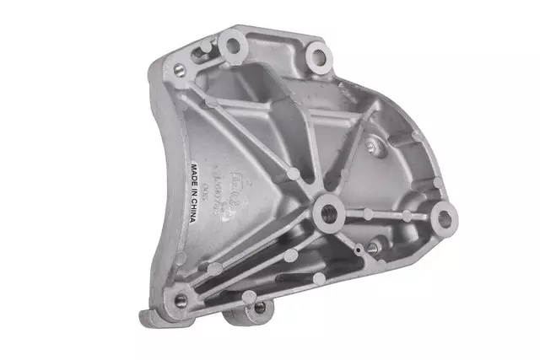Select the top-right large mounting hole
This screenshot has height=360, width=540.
tap(318, 57)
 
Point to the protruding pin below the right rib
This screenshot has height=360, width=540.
tap(369, 250)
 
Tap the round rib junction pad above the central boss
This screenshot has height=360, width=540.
tap(292, 173)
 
